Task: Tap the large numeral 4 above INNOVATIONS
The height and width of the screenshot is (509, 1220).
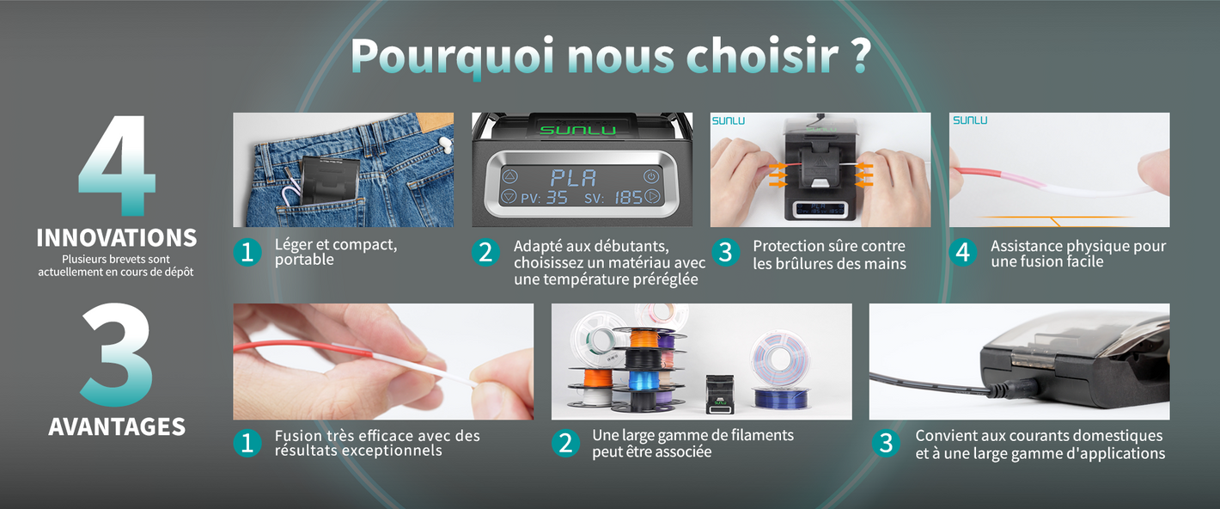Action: pos(117,165)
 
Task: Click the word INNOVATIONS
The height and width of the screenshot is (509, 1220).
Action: pos(117,238)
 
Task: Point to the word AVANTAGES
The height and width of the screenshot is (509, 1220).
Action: pos(117,426)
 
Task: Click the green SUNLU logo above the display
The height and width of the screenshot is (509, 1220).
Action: pos(578,130)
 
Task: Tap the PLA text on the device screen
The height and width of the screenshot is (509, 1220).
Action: pos(573,178)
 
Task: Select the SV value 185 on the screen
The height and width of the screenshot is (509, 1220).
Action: pos(629,197)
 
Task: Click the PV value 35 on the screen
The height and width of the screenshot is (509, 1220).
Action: pos(557,197)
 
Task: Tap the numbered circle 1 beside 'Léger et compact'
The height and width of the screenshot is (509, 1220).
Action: pos(247,252)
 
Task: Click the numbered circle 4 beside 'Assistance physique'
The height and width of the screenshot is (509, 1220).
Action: pos(963,252)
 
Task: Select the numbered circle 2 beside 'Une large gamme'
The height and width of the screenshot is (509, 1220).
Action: pos(565,443)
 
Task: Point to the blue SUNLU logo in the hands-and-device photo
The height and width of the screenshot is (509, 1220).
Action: pos(729,120)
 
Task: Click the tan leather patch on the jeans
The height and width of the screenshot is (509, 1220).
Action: pos(430,122)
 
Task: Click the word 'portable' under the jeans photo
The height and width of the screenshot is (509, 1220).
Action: pos(304,261)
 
